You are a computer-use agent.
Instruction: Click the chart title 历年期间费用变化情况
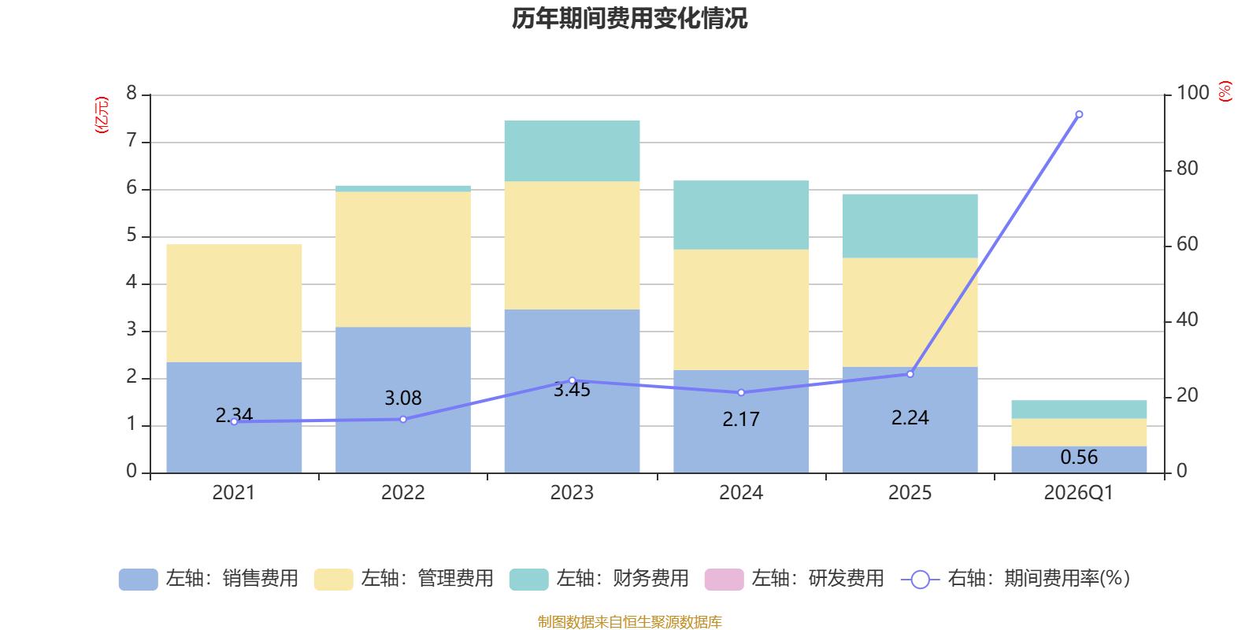click(629, 18)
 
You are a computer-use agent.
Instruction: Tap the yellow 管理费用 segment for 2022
click(402, 259)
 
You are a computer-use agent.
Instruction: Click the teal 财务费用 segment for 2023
click(572, 151)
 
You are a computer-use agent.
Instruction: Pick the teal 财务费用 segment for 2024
click(741, 215)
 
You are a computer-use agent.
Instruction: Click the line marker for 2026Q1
click(1079, 114)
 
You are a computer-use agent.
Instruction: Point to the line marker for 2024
click(741, 392)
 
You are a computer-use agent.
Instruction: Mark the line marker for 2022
click(403, 419)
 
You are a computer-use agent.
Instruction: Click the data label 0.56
click(1079, 458)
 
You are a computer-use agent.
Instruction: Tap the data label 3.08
click(402, 398)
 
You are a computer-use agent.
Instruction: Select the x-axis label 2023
click(572, 493)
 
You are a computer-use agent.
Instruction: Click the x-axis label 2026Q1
click(1078, 493)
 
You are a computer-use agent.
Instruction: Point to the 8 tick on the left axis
click(132, 94)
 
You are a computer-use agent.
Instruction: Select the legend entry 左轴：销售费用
click(209, 579)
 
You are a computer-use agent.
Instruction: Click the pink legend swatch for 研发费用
click(724, 580)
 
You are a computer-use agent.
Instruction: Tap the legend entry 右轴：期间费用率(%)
click(1016, 579)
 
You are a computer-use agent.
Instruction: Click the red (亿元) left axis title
click(102, 115)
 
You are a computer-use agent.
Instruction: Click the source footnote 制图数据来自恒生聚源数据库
click(629, 622)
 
